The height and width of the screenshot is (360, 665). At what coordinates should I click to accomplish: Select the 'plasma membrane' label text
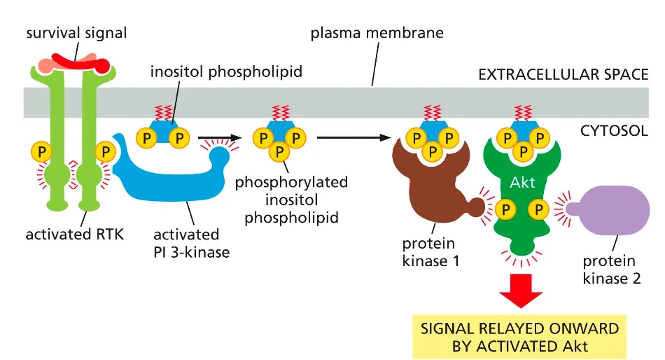coord(377,33)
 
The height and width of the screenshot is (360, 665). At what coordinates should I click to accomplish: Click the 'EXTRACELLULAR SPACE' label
coord(563,74)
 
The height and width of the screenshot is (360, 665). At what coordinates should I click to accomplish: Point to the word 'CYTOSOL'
coord(614,130)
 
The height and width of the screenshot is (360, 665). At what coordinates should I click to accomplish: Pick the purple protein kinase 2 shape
coord(608,207)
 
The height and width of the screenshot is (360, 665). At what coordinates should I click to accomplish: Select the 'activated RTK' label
coord(74,234)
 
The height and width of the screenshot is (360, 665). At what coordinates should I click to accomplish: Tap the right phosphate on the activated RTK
coord(106,151)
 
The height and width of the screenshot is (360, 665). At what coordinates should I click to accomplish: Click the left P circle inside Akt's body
coord(503,208)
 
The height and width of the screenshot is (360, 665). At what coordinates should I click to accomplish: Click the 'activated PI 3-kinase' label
coord(191,242)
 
